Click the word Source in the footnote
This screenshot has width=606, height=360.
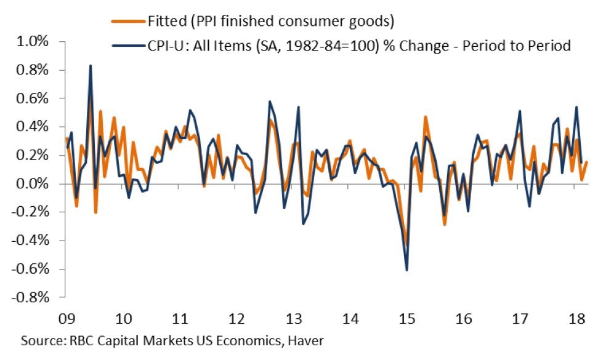[x=39, y=340]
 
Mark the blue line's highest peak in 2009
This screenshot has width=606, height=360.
[x=91, y=65]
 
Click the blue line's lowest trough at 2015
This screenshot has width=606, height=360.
[x=407, y=270]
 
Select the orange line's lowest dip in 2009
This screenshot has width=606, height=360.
[x=96, y=213]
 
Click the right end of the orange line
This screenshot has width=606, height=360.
[x=587, y=162]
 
